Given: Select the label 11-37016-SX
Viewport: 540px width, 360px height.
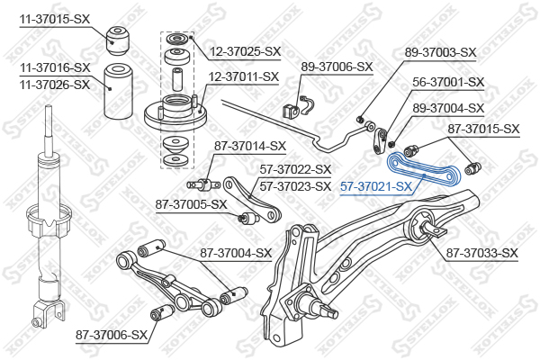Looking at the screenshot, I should (55, 67).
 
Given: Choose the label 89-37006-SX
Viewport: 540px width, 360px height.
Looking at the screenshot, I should (337, 67).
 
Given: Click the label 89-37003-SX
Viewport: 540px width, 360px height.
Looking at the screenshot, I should (440, 52).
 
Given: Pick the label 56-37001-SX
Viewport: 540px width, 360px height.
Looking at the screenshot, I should (448, 82).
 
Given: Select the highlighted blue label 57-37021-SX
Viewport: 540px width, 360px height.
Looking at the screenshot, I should (376, 187).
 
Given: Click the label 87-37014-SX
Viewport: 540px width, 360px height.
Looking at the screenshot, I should (249, 146).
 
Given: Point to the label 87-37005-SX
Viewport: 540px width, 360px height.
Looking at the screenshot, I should (192, 204).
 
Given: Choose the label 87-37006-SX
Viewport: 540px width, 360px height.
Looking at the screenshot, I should (111, 335).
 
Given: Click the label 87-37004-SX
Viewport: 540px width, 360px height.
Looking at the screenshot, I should (235, 253).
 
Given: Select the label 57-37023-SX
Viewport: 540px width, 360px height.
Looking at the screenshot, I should (296, 186).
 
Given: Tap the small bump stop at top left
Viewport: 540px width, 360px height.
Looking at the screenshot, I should (116, 37).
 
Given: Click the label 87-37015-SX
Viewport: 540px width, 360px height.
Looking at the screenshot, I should (484, 130).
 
